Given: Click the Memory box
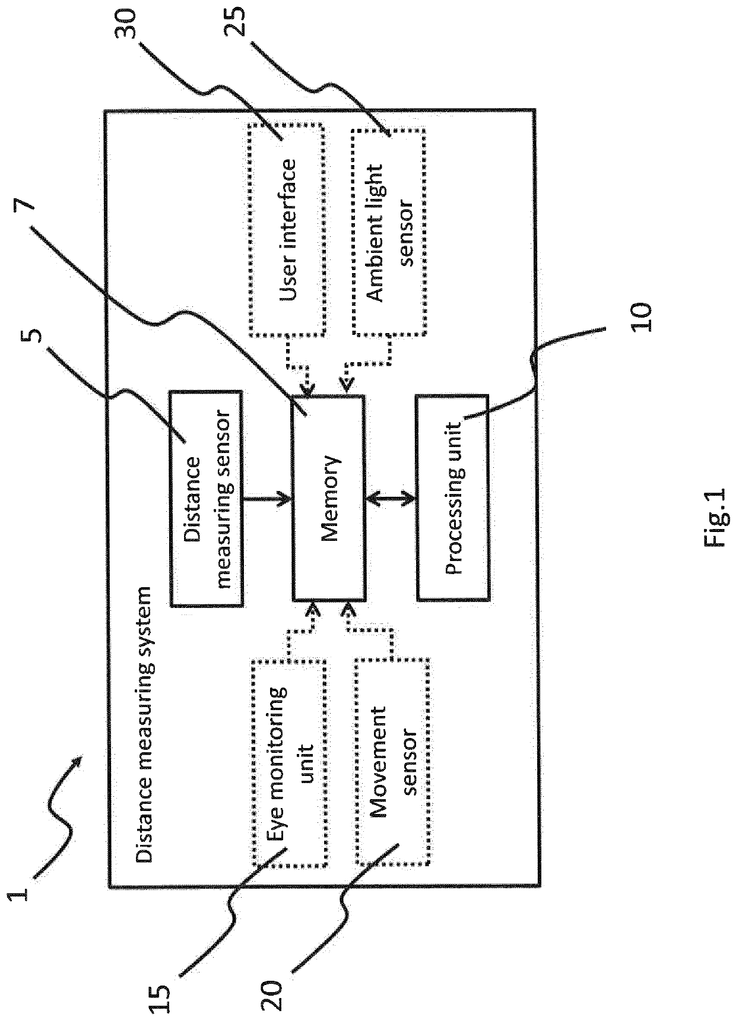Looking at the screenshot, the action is point(329,498).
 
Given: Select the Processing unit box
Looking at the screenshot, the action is point(453,498).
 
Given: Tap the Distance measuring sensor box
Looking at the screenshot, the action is point(207,498).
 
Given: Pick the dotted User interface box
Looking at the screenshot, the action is point(287,230).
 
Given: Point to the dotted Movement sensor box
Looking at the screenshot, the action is point(392,761).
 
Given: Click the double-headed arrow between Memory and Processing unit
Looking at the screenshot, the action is point(391,498).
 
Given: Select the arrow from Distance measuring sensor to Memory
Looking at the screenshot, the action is point(268,498).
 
